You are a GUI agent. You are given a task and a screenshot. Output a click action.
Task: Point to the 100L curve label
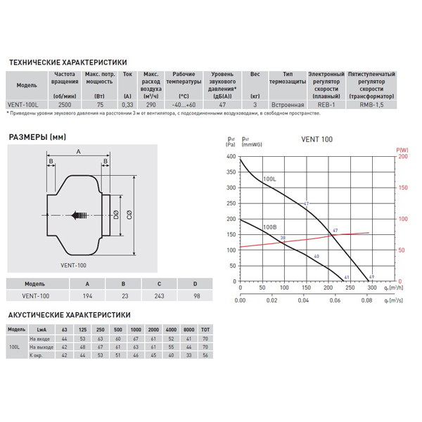click(x=269, y=180)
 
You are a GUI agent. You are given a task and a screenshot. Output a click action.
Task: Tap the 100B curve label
click(x=269, y=227)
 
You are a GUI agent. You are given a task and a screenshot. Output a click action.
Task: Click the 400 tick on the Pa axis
click(x=231, y=156)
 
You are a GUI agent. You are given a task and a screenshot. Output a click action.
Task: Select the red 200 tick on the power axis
click(x=403, y=156)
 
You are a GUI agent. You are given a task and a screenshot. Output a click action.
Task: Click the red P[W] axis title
click(x=403, y=148)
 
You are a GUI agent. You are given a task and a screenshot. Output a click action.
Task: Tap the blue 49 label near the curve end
click(x=371, y=277)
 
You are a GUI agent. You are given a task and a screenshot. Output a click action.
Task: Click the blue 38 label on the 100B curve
click(x=283, y=239)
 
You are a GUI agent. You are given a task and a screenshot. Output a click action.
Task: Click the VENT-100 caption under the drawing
click(x=72, y=264)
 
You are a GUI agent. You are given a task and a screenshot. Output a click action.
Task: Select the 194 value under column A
click(x=87, y=296)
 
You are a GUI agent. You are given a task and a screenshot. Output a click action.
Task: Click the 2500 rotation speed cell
click(x=64, y=103)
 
